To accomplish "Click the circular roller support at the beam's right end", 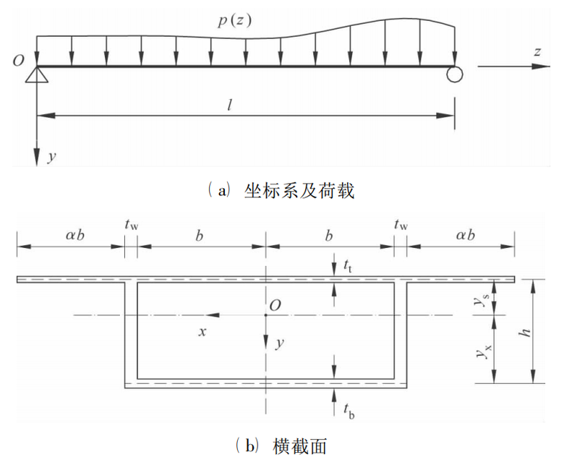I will pyautogui.click(x=454, y=74).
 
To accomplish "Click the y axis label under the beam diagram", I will pyautogui.click(x=51, y=155).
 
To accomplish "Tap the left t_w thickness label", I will pyautogui.click(x=131, y=226).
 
